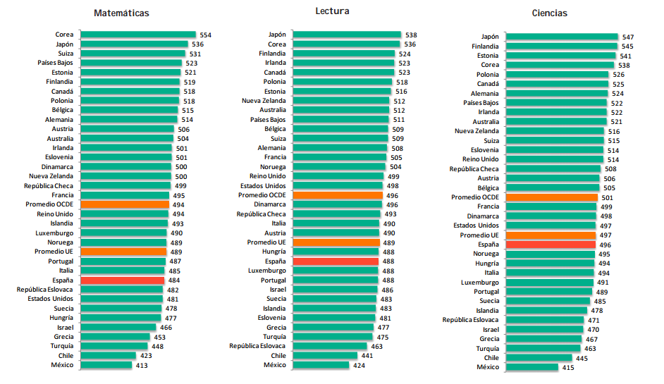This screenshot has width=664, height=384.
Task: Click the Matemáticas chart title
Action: tap(121, 13)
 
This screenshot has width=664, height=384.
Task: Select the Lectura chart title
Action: tap(333, 11)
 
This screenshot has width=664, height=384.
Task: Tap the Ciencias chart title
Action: tap(551, 13)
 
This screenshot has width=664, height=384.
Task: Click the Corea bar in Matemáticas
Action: tap(138, 35)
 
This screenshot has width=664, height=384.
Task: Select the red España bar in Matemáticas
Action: tap(123, 280)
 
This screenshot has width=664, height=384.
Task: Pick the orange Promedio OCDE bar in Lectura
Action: tap(338, 195)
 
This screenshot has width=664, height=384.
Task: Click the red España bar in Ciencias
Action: tap(551, 244)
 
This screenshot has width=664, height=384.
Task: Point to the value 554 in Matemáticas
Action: tap(206, 35)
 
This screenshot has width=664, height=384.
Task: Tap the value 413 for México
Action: tap(142, 365)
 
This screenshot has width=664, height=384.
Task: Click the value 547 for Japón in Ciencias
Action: tap(629, 37)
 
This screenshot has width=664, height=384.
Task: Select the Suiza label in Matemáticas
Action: tap(65, 54)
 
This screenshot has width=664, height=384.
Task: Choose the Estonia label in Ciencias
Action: tap(488, 56)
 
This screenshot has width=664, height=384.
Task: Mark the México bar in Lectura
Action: tap(321, 365)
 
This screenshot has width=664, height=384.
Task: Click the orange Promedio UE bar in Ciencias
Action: tap(551, 235)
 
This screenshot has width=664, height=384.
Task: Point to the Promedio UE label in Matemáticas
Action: tap(54, 252)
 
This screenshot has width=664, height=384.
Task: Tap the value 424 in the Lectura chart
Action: tap(359, 365)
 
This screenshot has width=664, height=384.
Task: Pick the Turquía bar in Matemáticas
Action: tap(114, 346)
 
